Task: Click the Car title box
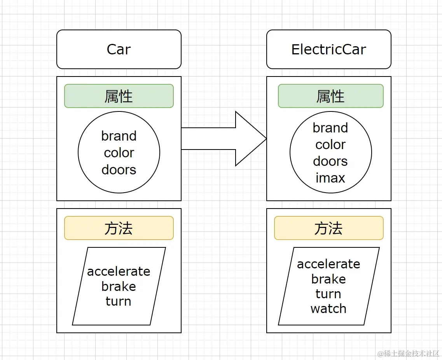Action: tap(119, 49)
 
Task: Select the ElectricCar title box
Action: tap(328, 49)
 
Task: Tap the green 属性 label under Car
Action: tap(119, 96)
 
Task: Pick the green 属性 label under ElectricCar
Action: tap(330, 96)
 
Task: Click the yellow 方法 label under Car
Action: tap(119, 228)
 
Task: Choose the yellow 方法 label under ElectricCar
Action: tap(328, 228)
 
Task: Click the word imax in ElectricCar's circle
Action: tap(330, 178)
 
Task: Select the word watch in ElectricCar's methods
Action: tap(328, 309)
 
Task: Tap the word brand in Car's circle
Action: tap(119, 136)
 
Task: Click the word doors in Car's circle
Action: tap(119, 170)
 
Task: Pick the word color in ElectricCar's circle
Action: tap(330, 144)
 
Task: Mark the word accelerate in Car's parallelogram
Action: tap(119, 271)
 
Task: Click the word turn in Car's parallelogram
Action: tap(119, 301)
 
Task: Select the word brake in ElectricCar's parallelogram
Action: tap(328, 279)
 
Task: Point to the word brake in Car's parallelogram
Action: tap(119, 286)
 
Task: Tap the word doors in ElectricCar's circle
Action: tap(330, 161)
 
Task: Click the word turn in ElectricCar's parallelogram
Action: tap(328, 294)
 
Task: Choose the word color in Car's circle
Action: tap(119, 153)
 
